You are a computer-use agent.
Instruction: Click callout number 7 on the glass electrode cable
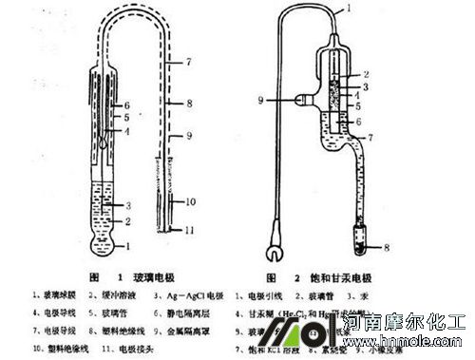tap(190, 60)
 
